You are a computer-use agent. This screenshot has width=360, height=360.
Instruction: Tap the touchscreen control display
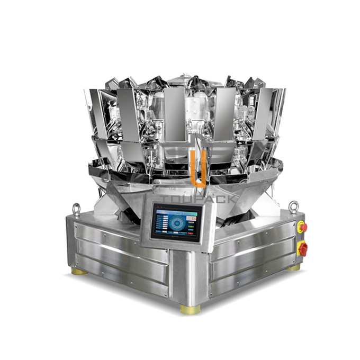click(x=177, y=222)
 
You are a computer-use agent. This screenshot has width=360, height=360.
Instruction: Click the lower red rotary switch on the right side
click(x=303, y=248)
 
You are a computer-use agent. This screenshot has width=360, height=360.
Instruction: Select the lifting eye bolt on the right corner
click(x=294, y=206)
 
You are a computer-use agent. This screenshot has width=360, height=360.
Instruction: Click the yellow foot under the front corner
click(x=190, y=309)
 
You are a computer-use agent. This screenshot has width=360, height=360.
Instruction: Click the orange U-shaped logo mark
click(x=199, y=168)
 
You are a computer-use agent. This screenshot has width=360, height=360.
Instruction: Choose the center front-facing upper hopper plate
click(x=175, y=114)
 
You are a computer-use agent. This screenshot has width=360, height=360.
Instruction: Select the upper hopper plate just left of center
click(x=129, y=114)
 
